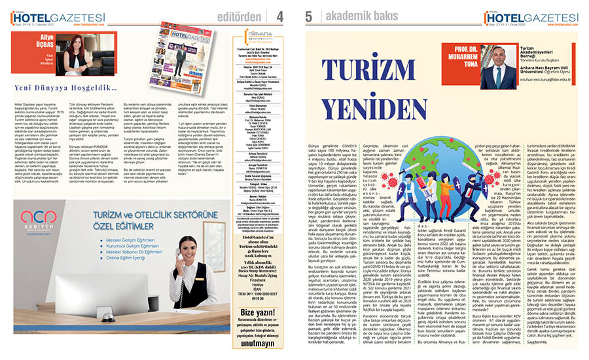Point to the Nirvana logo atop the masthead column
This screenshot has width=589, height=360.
coord(259,35)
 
